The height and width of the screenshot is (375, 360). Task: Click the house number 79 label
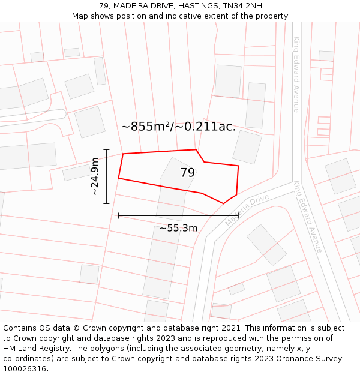pos(187,173)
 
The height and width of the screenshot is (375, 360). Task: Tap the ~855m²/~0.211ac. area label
pos(178,127)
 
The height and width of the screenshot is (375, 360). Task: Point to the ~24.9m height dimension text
pos(95,176)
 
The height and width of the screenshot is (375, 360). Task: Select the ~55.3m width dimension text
pos(178,228)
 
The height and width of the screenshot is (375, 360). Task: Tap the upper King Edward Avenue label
pos(296,74)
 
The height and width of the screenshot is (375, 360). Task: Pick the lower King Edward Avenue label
pos(308,217)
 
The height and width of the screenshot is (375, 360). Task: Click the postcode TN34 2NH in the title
pos(242,6)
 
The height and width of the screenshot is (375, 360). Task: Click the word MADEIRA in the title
pos(132,6)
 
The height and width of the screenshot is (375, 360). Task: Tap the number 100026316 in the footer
pos(25,369)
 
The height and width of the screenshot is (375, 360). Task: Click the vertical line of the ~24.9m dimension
pos(106,176)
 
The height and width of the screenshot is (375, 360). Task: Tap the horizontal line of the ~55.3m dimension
pos(178,215)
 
